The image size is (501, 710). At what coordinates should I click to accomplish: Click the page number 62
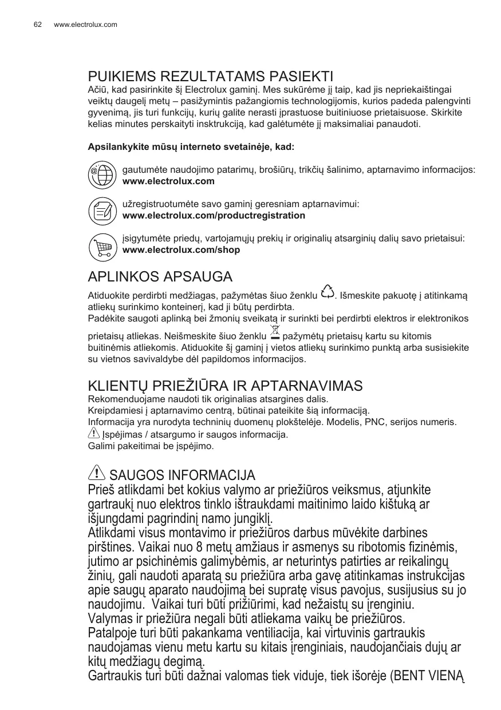[x=38, y=25]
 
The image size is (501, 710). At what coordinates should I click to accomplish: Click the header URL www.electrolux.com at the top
[x=85, y=25]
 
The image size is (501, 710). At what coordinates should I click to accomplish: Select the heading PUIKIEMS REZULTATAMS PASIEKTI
[x=210, y=77]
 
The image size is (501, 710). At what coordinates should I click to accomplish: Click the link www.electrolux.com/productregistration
[x=214, y=216]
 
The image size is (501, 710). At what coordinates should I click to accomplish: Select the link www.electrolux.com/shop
[x=181, y=250]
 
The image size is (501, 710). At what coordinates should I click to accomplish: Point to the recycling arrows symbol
[x=328, y=292]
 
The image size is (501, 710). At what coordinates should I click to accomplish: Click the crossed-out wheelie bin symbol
[x=275, y=332]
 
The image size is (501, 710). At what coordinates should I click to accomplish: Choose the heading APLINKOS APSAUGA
[x=160, y=277]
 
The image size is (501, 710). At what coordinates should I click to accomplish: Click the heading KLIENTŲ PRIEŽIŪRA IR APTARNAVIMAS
[x=225, y=386]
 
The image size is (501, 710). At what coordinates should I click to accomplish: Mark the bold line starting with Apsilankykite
[x=191, y=147]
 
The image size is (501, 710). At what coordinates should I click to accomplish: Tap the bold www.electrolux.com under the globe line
[x=168, y=181]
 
